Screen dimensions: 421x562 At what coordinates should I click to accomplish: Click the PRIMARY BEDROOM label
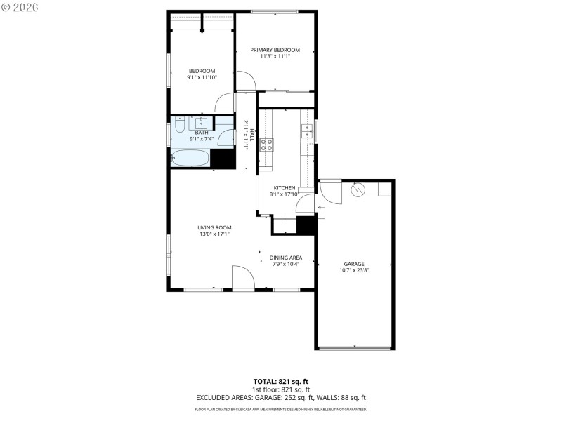pyautogui.click(x=275, y=50)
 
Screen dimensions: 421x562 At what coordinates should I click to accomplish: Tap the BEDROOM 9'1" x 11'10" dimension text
pyautogui.click(x=202, y=78)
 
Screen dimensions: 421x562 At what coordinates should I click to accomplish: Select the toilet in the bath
pyautogui.click(x=180, y=128)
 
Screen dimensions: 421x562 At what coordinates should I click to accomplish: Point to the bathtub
pyautogui.click(x=190, y=159)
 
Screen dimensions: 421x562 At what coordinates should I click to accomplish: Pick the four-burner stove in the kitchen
pyautogui.click(x=267, y=145)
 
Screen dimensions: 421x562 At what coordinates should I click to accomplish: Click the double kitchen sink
pyautogui.click(x=307, y=130)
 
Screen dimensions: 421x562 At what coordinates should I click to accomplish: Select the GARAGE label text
pyautogui.click(x=353, y=264)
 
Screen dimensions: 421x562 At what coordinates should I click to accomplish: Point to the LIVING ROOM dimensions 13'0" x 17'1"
pyautogui.click(x=214, y=234)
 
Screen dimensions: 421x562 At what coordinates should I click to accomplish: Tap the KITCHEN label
pyautogui.click(x=284, y=188)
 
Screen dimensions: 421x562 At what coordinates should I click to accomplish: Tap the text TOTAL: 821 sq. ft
pyautogui.click(x=281, y=382)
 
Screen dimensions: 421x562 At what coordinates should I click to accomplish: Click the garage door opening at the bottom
pyautogui.click(x=354, y=348)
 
